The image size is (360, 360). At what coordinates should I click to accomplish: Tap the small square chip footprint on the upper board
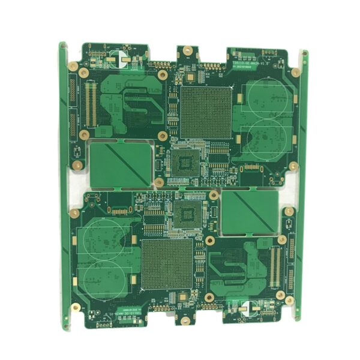coord(185,161)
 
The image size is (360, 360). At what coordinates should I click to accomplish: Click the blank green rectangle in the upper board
coord(120,163)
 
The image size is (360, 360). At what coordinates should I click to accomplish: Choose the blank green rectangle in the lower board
coord(249,212)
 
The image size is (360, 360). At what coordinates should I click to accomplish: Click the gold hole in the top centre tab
coord(188,52)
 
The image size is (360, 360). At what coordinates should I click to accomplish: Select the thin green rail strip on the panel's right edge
coord(305,180)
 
